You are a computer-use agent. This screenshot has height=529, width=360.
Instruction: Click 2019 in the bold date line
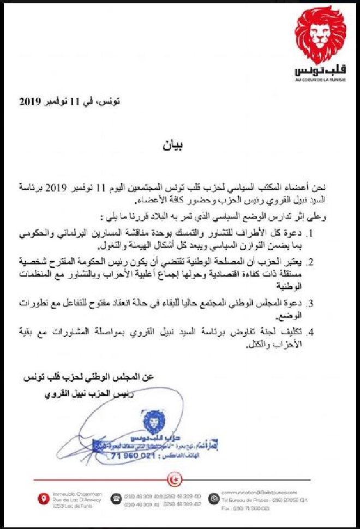click(33, 101)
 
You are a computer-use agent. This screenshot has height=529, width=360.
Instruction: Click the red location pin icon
click(42, 498)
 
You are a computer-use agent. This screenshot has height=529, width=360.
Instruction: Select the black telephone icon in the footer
click(116, 498)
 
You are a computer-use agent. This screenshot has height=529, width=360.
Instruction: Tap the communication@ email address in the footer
click(255, 492)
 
